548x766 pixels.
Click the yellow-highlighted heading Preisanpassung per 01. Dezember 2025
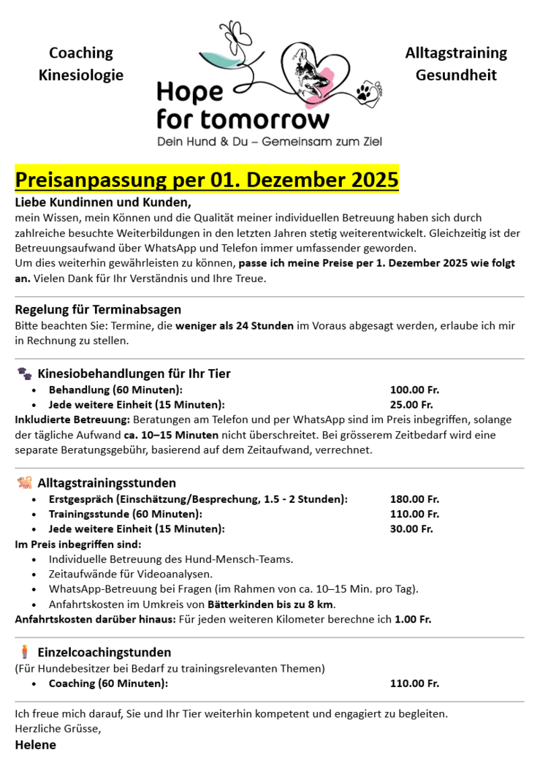(207, 180)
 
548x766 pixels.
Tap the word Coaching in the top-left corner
(81, 53)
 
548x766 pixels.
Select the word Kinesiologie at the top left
(81, 75)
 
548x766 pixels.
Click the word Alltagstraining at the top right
(456, 53)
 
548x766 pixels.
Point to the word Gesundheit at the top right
(456, 75)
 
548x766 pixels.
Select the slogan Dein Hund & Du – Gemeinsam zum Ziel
(270, 141)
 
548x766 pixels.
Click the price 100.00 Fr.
(414, 390)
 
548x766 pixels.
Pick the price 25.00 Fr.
(411, 404)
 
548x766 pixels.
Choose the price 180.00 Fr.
(414, 499)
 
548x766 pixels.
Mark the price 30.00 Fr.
(411, 528)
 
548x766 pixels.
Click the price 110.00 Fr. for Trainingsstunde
(414, 514)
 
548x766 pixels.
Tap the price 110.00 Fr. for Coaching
(414, 683)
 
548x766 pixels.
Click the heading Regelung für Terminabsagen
(98, 309)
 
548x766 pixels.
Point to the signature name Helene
(35, 745)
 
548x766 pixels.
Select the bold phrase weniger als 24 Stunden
(235, 325)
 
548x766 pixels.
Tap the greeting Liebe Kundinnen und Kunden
(103, 202)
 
